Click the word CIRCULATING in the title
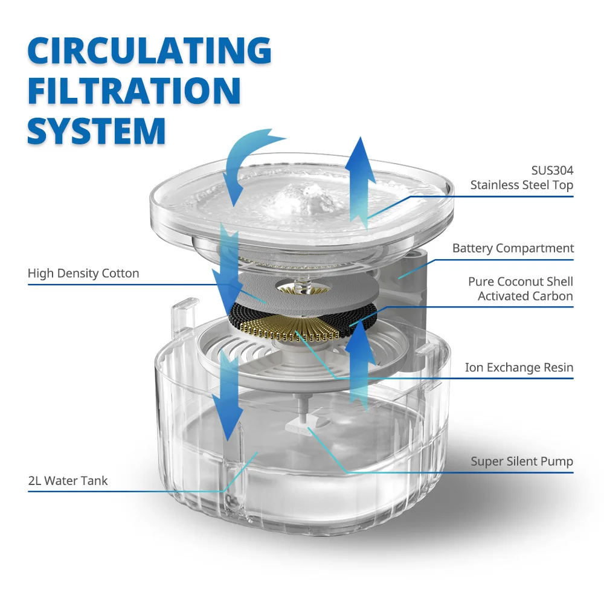[149, 51]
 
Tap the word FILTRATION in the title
[134, 90]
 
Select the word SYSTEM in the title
[97, 129]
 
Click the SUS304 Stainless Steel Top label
[521, 178]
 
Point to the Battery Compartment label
[513, 248]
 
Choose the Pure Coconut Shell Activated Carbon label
[520, 289]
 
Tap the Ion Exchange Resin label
[519, 367]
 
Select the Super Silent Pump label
[522, 461]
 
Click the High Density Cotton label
[83, 274]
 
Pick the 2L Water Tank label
[68, 481]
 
